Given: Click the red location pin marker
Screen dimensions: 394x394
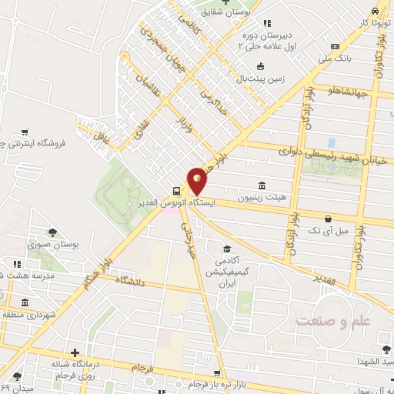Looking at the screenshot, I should [x=198, y=182].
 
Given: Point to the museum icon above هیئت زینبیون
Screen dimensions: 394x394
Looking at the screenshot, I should [x=262, y=185].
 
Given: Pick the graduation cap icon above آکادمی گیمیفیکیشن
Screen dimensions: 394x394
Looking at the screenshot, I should [x=227, y=249].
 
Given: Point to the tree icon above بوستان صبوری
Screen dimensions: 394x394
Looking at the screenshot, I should [x=52, y=232].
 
